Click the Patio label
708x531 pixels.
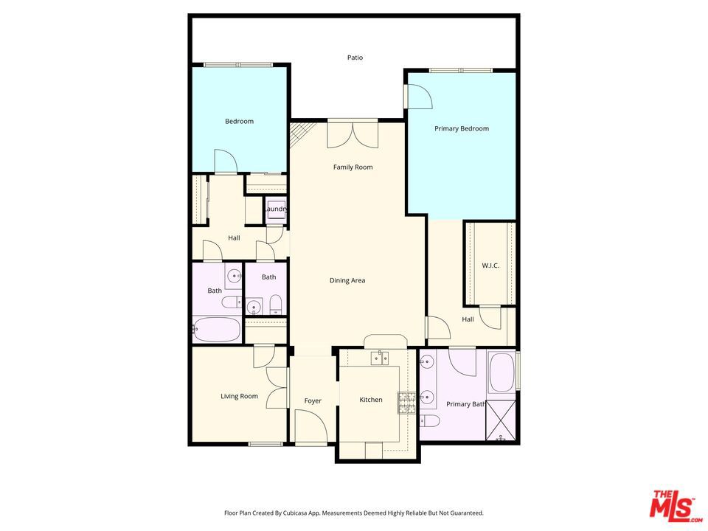point(355,58)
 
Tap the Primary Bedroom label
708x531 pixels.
point(461,129)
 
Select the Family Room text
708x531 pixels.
point(353,167)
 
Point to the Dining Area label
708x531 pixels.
point(347,280)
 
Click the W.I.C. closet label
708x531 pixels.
point(490,265)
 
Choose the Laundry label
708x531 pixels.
point(275,209)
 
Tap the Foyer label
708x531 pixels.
point(313,401)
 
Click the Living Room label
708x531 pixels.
point(239,397)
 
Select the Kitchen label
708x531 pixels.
point(370,400)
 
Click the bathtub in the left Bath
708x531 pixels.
point(217,330)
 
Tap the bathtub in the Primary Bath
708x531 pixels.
point(502,373)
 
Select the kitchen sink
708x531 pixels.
point(379,358)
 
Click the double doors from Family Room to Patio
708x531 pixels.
point(353,136)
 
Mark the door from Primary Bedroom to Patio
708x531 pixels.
point(418,96)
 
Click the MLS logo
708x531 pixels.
point(672,506)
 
